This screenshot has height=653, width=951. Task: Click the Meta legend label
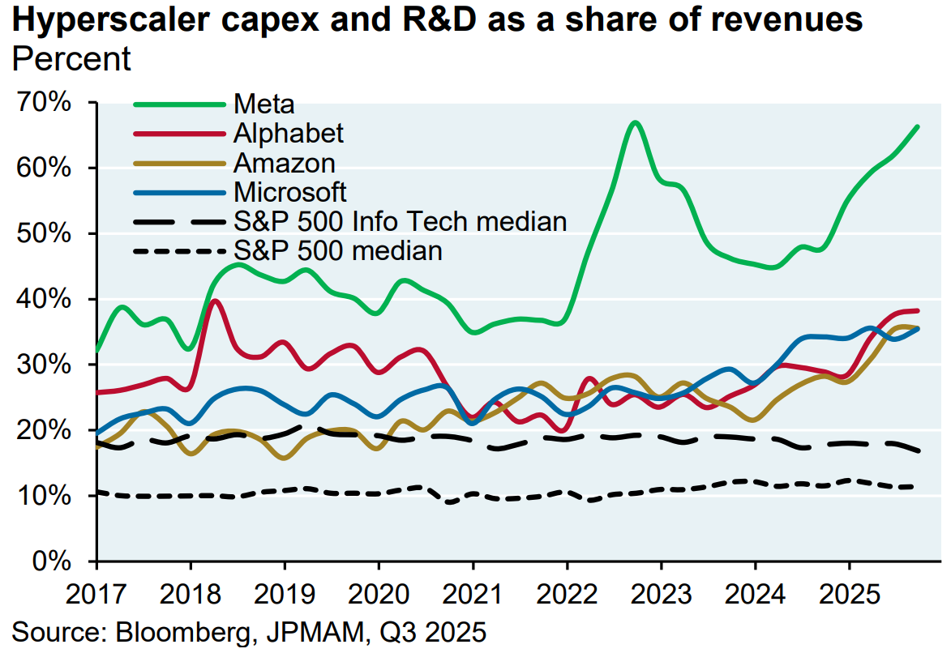[263, 104]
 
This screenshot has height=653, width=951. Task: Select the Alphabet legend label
[289, 133]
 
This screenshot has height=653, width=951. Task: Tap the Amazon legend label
[284, 163]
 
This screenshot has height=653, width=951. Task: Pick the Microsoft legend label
[289, 192]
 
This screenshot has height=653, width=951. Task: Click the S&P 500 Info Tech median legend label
[400, 221]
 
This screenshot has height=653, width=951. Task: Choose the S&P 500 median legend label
[338, 250]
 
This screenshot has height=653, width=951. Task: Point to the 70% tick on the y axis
[49, 103]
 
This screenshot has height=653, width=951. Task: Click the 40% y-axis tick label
[49, 300]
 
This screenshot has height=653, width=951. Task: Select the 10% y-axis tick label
[49, 495]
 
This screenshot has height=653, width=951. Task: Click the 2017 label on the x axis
[96, 595]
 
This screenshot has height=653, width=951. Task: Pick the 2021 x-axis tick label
[473, 595]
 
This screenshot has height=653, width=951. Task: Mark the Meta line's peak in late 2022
[635, 123]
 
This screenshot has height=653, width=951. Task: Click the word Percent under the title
[72, 59]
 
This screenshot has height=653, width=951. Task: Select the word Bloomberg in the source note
[162, 631]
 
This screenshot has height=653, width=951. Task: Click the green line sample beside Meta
[178, 104]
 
